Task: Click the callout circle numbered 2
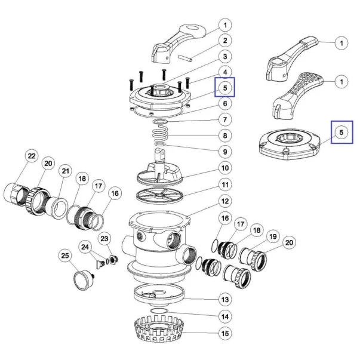[x=224, y=41]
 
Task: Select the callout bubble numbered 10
[x=224, y=169]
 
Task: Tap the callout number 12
[x=224, y=201]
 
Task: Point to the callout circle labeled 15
[x=224, y=333]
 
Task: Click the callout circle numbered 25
[x=65, y=256]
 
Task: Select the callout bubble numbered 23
[x=105, y=239]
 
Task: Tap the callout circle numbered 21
[x=66, y=172]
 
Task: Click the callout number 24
[x=85, y=246]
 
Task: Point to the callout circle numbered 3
[x=224, y=57]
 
